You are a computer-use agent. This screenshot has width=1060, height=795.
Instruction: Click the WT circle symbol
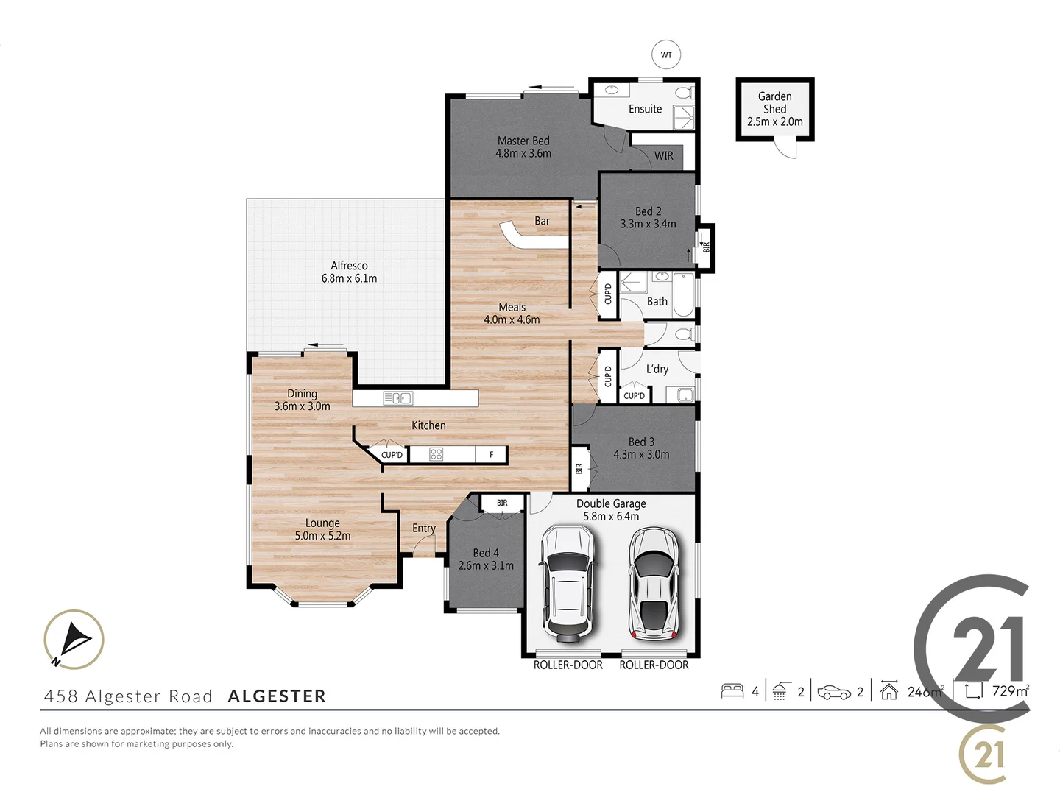tap(666, 55)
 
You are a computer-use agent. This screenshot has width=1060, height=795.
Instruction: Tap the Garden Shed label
tap(774, 103)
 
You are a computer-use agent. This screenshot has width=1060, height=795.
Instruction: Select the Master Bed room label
tap(523, 141)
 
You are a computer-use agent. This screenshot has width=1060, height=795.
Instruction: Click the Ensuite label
tap(645, 109)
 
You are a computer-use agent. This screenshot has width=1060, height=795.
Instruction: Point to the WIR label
tap(663, 156)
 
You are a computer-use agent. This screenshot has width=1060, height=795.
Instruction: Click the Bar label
tap(542, 221)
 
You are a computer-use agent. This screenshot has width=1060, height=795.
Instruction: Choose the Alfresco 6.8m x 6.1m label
tap(349, 272)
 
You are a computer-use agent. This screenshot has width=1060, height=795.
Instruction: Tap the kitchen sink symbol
tap(397, 398)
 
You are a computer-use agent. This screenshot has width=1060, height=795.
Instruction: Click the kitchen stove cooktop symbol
tap(436, 454)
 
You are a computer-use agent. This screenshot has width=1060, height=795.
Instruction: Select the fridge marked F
tap(491, 455)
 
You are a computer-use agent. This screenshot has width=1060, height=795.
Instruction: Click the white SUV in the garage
tap(567, 582)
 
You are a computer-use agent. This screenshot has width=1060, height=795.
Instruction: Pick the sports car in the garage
tap(653, 582)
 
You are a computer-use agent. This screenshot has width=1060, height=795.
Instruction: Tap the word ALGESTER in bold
tap(277, 696)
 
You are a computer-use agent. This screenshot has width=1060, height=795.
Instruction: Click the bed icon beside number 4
tap(732, 691)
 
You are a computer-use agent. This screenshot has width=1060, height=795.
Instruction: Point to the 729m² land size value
tap(1010, 691)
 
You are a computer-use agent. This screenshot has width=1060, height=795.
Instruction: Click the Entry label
tap(423, 528)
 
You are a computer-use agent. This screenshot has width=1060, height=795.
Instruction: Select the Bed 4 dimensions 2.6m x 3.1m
tap(486, 565)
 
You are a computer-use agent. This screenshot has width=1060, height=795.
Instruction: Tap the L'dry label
tap(657, 369)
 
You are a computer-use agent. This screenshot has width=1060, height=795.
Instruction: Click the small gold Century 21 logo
tap(983, 755)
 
